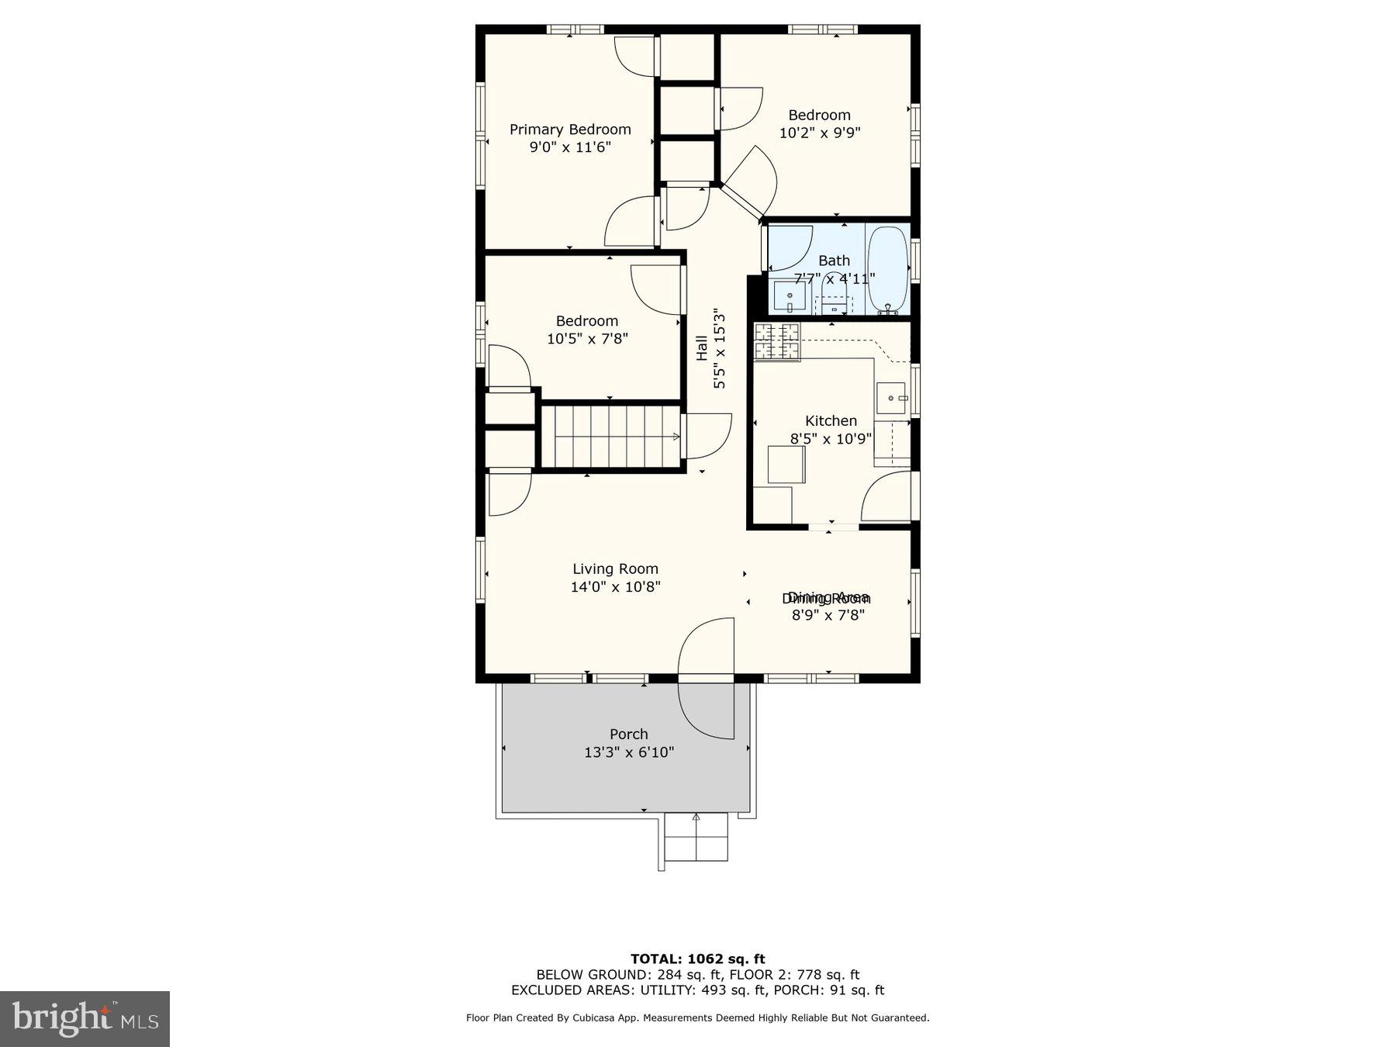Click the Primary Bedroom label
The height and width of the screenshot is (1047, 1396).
click(570, 130)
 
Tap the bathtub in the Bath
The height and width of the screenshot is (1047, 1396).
click(887, 269)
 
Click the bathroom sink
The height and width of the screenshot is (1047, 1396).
click(790, 297)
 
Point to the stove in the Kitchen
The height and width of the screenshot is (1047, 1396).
click(777, 342)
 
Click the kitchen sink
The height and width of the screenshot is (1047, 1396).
click(891, 398)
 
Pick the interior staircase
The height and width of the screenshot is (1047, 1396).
click(610, 437)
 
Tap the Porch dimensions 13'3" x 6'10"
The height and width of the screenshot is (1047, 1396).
click(629, 752)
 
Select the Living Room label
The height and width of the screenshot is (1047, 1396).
click(615, 569)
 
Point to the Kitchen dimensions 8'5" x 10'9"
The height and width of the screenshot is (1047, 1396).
click(831, 438)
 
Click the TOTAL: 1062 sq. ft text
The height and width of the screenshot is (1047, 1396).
click(697, 959)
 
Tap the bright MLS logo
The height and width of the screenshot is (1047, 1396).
click(85, 1018)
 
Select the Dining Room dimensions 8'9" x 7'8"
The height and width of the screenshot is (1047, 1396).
click(828, 615)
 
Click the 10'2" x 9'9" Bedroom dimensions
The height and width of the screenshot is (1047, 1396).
click(820, 133)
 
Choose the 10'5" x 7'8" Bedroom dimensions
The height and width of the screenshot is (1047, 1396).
click(587, 339)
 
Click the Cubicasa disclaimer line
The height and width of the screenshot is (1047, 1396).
click(697, 1018)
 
